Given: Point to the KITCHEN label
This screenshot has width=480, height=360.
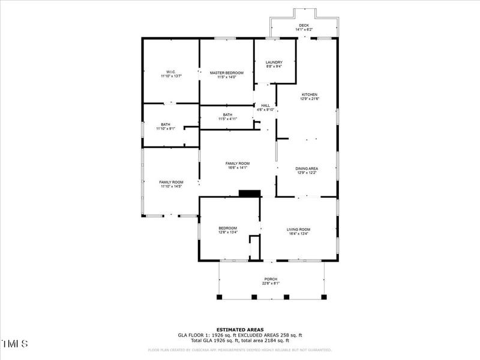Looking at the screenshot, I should point(310,95).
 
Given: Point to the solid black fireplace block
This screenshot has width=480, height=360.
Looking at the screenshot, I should point(249,193).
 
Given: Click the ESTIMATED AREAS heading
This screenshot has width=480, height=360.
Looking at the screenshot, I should point(240,329).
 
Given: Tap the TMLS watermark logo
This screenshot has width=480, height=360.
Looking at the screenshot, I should point(15,344).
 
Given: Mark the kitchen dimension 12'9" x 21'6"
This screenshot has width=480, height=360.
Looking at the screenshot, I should point(310,99).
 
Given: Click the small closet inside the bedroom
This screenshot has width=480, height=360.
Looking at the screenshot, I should point(254,247).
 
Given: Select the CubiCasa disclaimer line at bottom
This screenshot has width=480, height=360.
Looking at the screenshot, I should point(240,350).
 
